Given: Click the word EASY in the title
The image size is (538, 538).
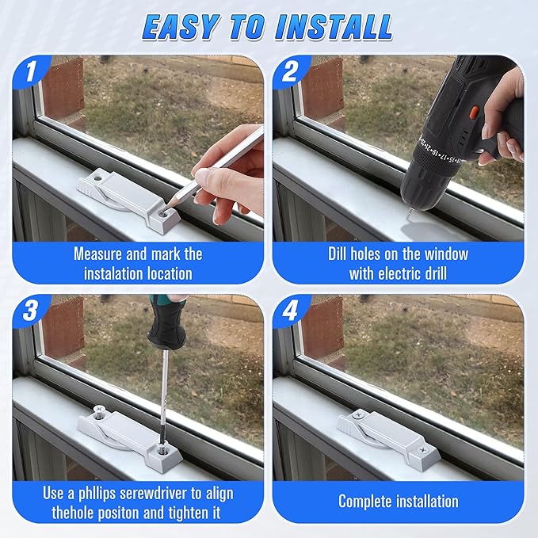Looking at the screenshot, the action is pyautogui.click(x=181, y=27).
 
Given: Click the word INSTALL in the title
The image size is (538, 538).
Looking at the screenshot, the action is pyautogui.click(x=334, y=27).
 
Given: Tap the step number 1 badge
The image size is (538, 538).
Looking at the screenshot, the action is pyautogui.click(x=31, y=71).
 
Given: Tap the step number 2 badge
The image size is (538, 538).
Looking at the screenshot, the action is pyautogui.click(x=291, y=71).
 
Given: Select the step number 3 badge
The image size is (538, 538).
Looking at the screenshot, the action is pyautogui.click(x=31, y=311).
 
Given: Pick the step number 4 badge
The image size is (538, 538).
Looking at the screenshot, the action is pyautogui.click(x=291, y=311).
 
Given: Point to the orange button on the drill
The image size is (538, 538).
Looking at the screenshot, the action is pyautogui.click(x=475, y=112).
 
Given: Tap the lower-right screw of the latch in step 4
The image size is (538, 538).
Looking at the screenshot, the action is pyautogui.click(x=424, y=450).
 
